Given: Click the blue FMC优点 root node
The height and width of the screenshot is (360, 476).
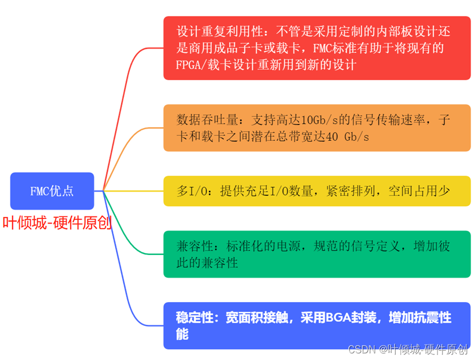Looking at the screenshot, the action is (x=52, y=191).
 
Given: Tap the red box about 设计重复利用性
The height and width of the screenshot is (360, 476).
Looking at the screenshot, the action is (x=316, y=48).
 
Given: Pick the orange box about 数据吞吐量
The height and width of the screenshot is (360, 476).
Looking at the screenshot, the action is (x=316, y=128).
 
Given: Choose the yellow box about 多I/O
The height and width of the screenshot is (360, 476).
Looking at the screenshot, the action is (x=316, y=191).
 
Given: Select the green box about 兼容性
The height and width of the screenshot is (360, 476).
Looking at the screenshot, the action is (x=316, y=254).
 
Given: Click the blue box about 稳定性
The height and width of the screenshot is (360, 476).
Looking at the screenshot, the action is (x=316, y=325).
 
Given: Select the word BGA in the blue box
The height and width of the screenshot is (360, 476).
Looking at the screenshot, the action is (x=337, y=318).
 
